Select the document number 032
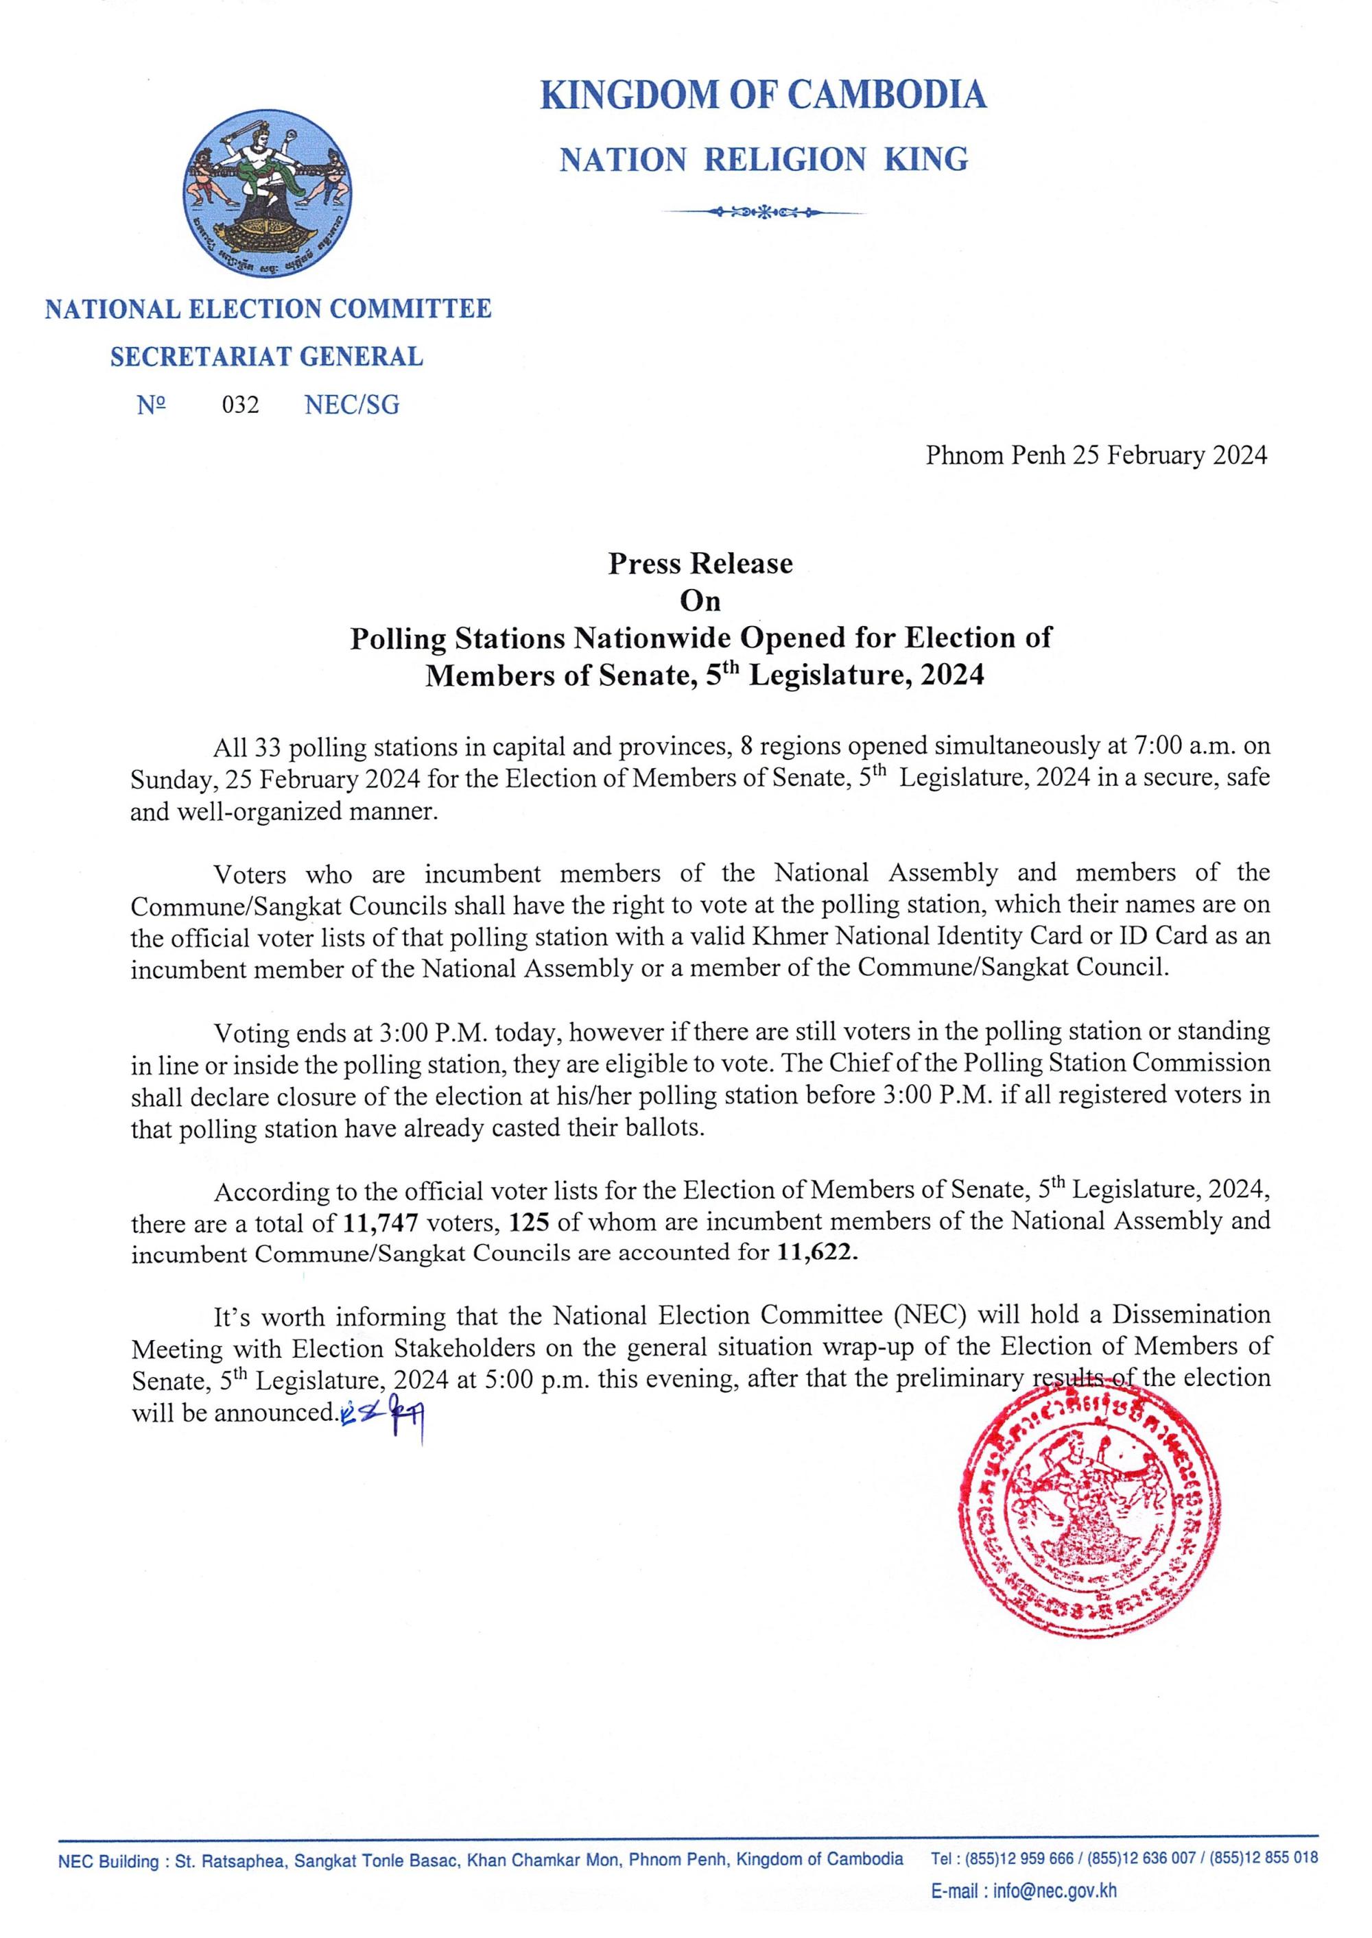pyautogui.click(x=241, y=405)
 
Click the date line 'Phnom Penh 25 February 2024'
pyautogui.click(x=1096, y=455)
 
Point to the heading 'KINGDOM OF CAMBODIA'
pyautogui.click(x=763, y=95)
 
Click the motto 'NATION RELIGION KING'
pyautogui.click(x=763, y=160)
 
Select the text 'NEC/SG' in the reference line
pyautogui.click(x=351, y=405)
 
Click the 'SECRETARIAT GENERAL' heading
pyautogui.click(x=267, y=357)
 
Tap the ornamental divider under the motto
pyautogui.click(x=763, y=211)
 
